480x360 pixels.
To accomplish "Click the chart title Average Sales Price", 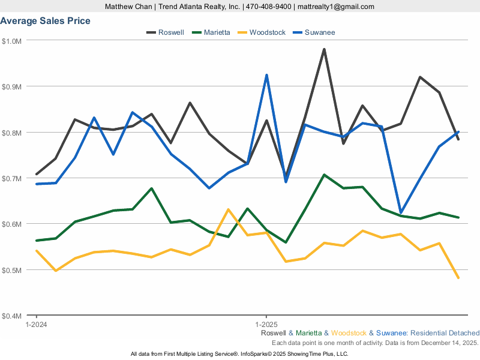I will pyautogui.click(x=46, y=21).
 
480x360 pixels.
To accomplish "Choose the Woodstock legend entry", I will pyautogui.click(x=267, y=32).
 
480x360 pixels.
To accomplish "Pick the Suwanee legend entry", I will pyautogui.click(x=319, y=32).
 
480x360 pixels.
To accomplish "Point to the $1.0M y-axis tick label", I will pyautogui.click(x=12, y=41).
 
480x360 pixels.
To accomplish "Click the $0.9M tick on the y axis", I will pyautogui.click(x=12, y=86).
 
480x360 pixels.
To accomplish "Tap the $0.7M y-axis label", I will pyautogui.click(x=12, y=178).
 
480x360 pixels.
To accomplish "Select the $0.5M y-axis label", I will pyautogui.click(x=12, y=270).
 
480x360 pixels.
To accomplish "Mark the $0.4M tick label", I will pyautogui.click(x=12, y=316).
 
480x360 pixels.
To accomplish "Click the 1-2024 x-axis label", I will pyautogui.click(x=37, y=323).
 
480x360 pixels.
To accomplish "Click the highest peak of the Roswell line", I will pyautogui.click(x=324, y=49).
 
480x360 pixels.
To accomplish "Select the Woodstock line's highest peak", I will pyautogui.click(x=229, y=209).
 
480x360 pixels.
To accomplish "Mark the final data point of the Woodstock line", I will pyautogui.click(x=458, y=278).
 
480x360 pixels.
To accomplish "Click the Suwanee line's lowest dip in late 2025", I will pyautogui.click(x=401, y=212).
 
